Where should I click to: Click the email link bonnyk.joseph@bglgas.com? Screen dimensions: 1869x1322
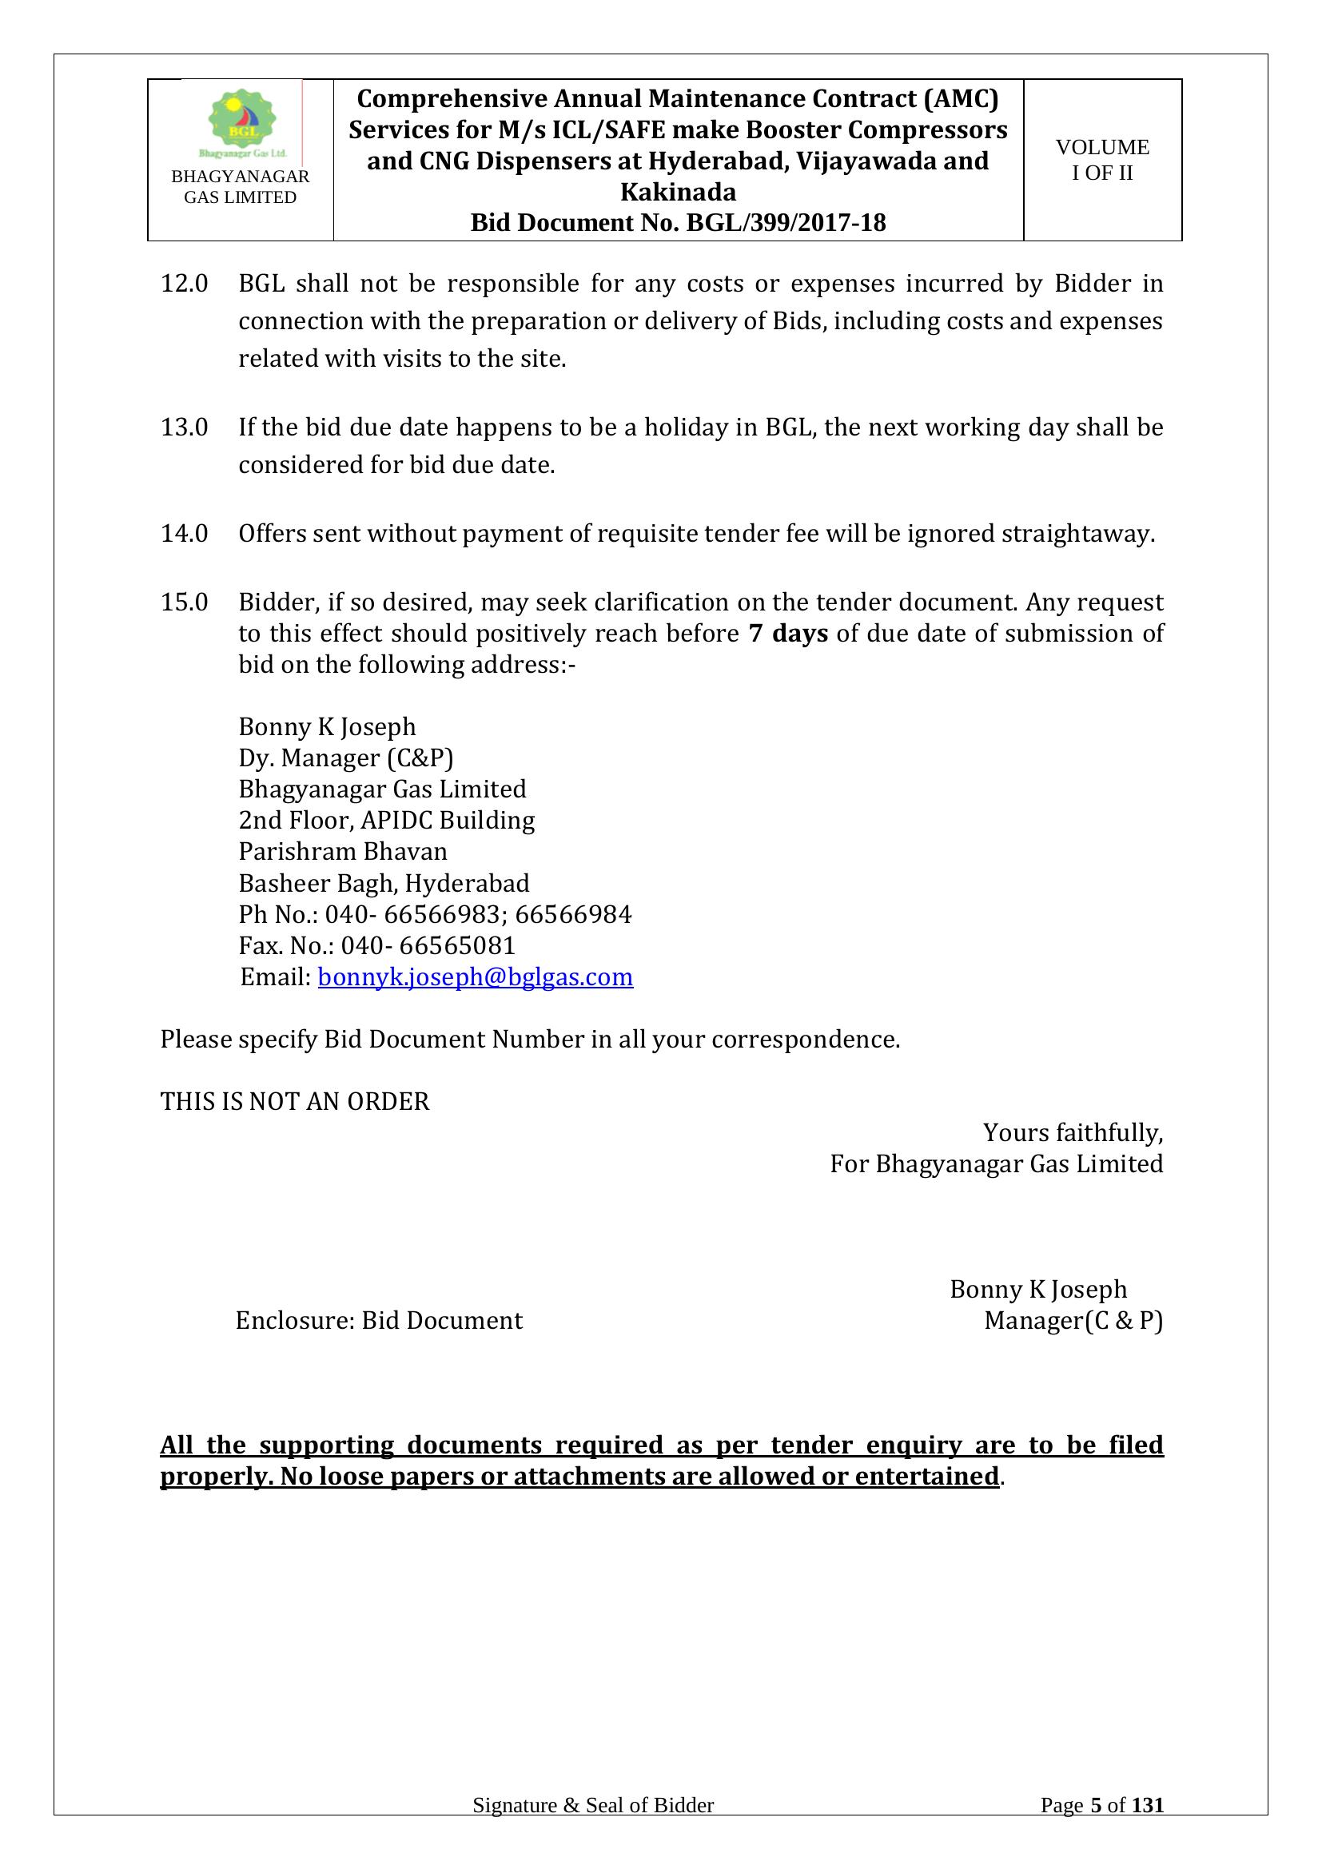pos(475,976)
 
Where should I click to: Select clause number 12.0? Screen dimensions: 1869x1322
pos(184,284)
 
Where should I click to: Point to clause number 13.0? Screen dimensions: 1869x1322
pos(184,427)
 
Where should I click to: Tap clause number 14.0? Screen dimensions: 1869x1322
pos(184,534)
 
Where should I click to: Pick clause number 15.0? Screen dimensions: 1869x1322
pos(184,602)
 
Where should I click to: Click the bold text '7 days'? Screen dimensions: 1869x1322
pos(787,634)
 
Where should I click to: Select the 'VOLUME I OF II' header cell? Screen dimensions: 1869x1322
pos(1102,161)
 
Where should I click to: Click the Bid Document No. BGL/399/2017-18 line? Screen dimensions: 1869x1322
pos(677,223)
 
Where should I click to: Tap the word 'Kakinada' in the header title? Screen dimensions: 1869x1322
pos(677,192)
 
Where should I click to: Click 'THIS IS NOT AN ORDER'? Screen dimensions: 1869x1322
pos(295,1101)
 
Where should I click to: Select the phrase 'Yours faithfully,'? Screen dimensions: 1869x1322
pos(1072,1132)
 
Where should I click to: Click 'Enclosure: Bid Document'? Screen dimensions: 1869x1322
pos(379,1319)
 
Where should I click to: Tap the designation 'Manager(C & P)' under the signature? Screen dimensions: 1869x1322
pos(1073,1319)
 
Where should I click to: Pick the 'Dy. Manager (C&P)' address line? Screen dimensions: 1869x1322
pos(345,758)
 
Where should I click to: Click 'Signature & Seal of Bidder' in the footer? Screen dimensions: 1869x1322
pos(592,1828)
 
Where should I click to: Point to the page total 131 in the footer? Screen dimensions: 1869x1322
pos(1148,1828)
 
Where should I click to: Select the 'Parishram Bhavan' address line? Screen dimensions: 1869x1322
pos(343,852)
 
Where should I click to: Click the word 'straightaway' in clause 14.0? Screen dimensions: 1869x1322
pos(1075,534)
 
